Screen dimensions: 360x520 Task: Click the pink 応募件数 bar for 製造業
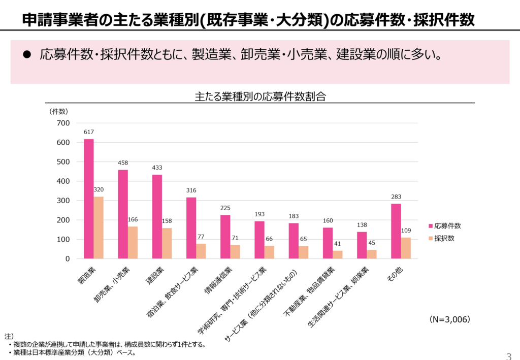(x=89, y=199)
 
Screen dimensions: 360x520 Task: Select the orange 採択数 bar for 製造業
(x=99, y=227)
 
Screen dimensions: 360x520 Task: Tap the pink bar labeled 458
(x=123, y=214)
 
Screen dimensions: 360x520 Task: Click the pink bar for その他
(x=396, y=231)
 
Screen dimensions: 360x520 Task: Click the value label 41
(x=338, y=244)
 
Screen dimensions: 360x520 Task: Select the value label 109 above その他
(x=406, y=231)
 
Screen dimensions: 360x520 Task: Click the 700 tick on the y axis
(x=63, y=123)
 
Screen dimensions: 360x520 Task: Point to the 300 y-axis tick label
(x=63, y=201)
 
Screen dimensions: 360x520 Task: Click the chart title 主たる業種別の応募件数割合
(x=259, y=96)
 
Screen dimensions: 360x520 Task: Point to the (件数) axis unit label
(x=59, y=111)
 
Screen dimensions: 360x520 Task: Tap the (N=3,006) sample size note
(x=449, y=319)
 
